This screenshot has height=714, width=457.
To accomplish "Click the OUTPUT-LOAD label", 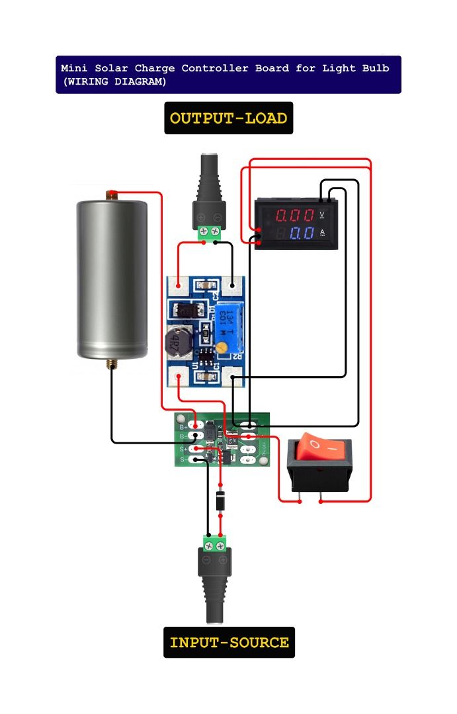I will click(x=228, y=118).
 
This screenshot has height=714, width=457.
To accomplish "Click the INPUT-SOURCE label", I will click(x=229, y=643).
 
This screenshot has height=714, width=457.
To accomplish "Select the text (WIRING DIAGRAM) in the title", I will click(x=114, y=82).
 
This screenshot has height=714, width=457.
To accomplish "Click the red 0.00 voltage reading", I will click(x=295, y=216).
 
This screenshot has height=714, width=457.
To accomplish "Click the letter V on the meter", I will click(x=322, y=214).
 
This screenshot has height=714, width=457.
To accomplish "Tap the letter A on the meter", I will click(x=322, y=232).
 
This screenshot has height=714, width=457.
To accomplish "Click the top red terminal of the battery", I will click(x=110, y=194).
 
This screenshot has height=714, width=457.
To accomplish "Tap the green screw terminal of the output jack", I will click(x=210, y=232).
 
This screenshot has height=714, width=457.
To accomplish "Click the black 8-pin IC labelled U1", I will click(x=206, y=362).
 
